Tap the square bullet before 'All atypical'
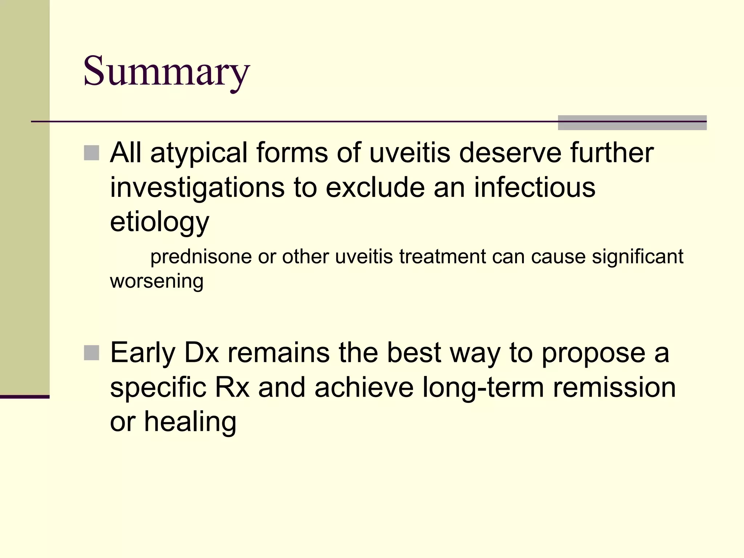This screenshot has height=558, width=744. point(92,153)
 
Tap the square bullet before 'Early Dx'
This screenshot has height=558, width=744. point(92,353)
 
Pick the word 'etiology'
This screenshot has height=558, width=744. point(159,222)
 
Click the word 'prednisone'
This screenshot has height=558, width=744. point(201,257)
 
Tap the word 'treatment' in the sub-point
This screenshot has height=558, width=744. point(442,256)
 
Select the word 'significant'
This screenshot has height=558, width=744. point(638,257)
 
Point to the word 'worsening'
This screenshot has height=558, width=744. point(157,281)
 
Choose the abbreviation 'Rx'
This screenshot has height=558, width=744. point(232,387)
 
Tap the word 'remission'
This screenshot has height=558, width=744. point(614,387)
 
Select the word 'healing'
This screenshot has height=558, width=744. point(190,422)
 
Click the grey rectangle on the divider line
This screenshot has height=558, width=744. point(632,123)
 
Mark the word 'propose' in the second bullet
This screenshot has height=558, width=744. point(593,353)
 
